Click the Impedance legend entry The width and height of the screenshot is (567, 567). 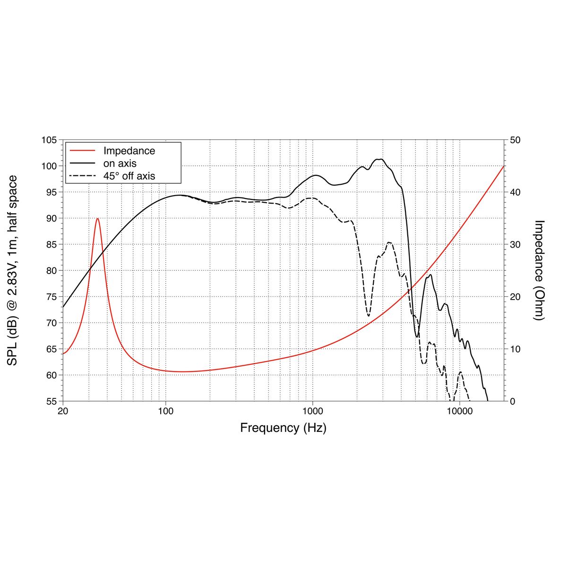(129, 151)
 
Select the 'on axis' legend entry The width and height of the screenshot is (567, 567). (120, 163)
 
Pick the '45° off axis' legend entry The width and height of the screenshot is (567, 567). (129, 176)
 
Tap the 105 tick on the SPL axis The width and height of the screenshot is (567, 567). (49, 140)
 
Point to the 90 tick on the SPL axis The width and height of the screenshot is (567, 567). (51, 218)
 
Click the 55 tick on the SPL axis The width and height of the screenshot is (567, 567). (51, 401)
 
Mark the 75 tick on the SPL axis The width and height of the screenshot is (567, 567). (51, 297)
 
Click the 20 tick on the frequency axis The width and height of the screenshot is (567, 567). (63, 411)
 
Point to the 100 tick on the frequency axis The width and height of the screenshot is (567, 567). (166, 411)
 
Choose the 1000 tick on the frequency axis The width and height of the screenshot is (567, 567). (313, 411)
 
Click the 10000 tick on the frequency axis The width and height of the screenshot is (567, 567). (460, 411)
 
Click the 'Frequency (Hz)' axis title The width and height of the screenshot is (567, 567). (283, 428)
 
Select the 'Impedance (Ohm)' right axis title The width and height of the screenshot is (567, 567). (539, 270)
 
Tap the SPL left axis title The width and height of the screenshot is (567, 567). (13, 270)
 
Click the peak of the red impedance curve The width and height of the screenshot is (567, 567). (97, 218)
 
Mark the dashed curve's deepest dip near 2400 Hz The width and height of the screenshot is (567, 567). (368, 316)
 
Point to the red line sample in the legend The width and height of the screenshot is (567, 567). (83, 151)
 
